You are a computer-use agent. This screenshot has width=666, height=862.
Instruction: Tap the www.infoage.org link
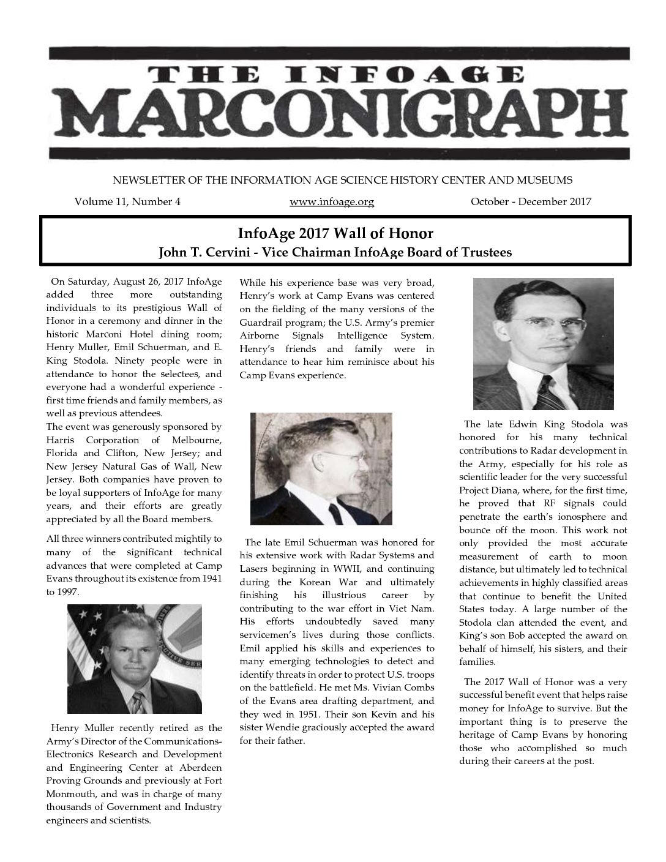(x=331, y=201)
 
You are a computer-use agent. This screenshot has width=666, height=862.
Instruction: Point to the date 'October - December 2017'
(x=531, y=201)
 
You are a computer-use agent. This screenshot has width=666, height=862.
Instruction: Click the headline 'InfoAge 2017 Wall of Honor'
(x=335, y=233)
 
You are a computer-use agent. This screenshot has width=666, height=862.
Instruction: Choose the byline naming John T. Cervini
(x=335, y=252)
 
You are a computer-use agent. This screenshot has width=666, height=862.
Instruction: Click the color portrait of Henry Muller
(x=135, y=659)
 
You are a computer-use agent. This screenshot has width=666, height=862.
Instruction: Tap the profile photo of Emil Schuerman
(x=321, y=468)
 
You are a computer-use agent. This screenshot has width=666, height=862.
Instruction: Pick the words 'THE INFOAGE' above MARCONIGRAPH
(x=338, y=75)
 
